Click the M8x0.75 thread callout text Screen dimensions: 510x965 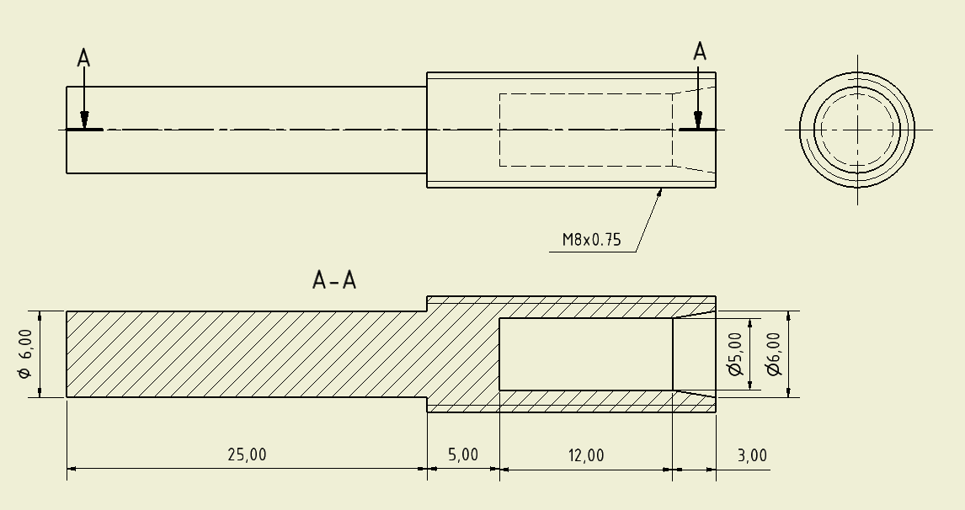[591, 240]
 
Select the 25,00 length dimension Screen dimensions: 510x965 [246, 455]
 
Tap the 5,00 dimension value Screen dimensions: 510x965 [462, 455]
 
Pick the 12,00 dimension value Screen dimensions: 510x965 [585, 455]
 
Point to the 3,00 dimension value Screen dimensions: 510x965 [752, 455]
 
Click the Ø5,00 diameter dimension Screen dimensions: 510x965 [734, 354]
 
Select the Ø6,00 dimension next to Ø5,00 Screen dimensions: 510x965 [773, 354]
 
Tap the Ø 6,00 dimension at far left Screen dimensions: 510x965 [25, 354]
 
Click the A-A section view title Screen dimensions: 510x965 [334, 280]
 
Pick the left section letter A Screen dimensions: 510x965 [83, 58]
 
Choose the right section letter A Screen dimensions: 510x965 [699, 52]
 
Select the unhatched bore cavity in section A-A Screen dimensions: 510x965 [585, 354]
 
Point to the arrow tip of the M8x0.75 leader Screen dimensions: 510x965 [660, 189]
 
